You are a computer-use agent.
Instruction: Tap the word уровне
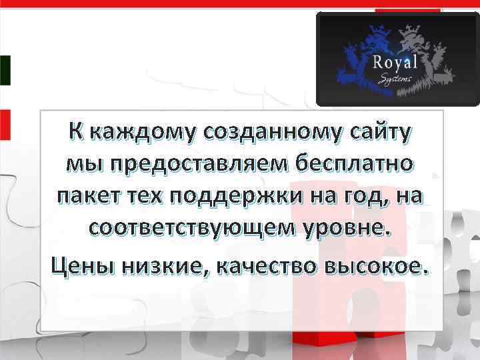pyautogui.click(x=344, y=231)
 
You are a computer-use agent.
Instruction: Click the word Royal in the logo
pyautogui.click(x=395, y=62)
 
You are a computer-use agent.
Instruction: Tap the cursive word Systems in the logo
pyautogui.click(x=395, y=80)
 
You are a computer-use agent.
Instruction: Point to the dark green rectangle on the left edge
pyautogui.click(x=5, y=70)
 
